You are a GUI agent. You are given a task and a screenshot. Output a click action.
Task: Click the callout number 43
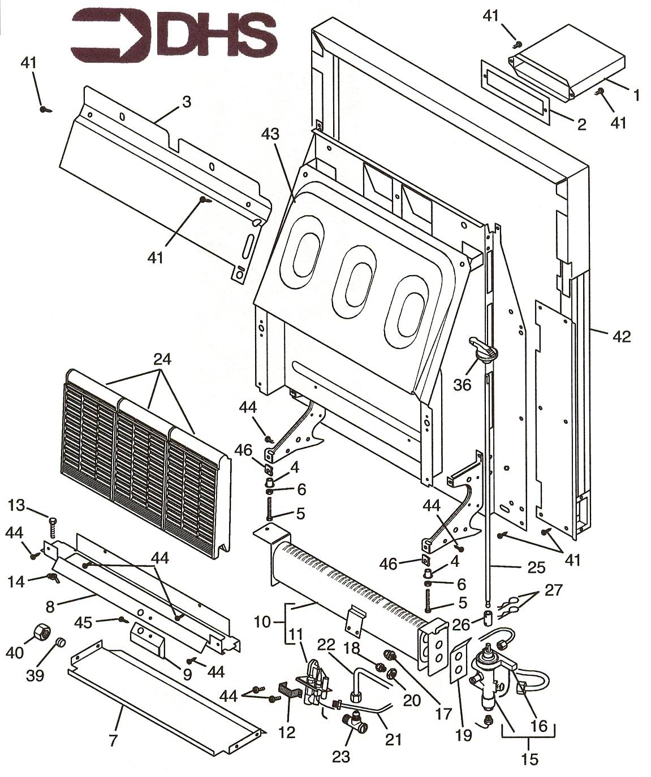pos(270,135)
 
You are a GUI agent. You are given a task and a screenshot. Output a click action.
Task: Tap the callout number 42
pos(621,336)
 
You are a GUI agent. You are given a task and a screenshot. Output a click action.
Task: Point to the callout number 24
pos(162,359)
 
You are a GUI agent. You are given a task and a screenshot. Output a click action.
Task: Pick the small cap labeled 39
pos(61,644)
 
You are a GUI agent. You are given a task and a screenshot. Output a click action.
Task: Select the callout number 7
pos(113,740)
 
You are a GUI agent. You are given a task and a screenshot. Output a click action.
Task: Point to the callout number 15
pos(529,758)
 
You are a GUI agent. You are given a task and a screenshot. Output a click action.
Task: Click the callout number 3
pos(186,102)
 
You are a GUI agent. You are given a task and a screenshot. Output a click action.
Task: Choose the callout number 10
pos(262,622)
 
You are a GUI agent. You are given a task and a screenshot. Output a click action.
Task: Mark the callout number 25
pos(536,567)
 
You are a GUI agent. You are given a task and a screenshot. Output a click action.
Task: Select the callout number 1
pos(636,96)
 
